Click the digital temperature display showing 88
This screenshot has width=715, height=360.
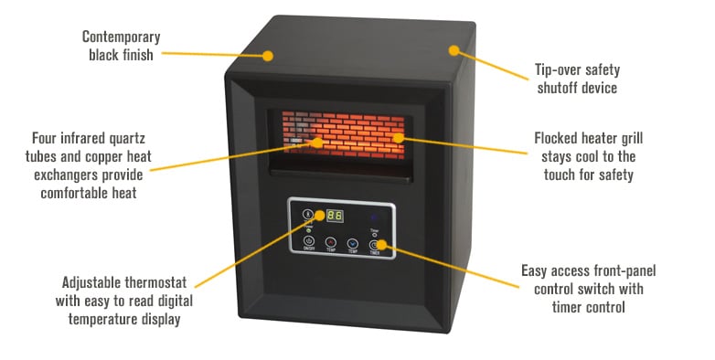pos(335,217)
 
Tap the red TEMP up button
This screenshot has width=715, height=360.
pos(330,244)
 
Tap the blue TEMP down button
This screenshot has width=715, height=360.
pos(352,244)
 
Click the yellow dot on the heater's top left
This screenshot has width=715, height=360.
pos(268,55)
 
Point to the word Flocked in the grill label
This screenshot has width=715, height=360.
pos(558,138)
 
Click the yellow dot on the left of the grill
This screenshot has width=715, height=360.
pos(317,142)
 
